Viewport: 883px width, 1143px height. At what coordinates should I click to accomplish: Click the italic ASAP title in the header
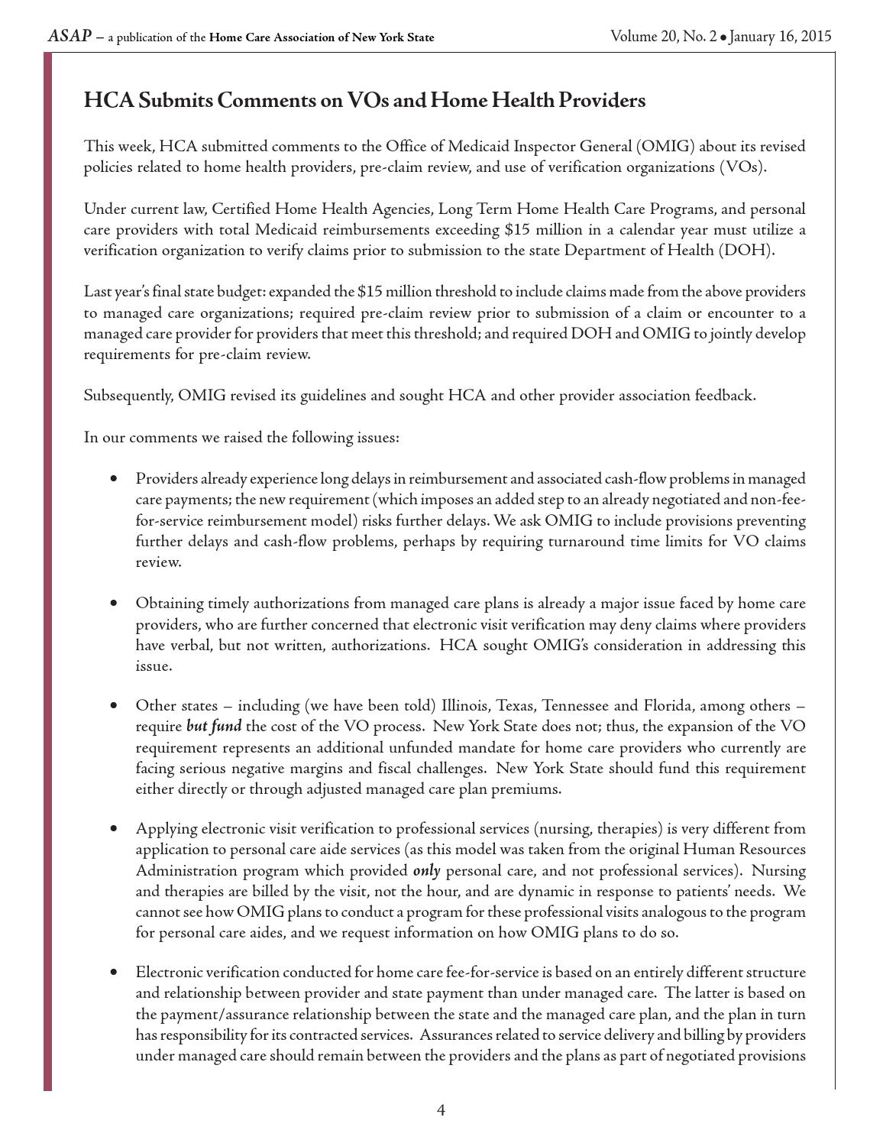point(70,36)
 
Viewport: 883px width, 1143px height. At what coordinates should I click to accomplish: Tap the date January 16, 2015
point(780,36)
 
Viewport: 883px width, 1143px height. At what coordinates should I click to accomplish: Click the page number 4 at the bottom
point(441,1110)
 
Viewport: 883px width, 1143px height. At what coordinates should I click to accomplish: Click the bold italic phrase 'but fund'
point(214,726)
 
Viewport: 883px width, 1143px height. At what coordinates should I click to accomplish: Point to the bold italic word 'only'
point(426,870)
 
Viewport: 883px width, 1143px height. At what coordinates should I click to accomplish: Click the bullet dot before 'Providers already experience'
point(114,479)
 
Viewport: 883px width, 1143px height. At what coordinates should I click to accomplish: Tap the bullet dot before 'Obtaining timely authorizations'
point(114,604)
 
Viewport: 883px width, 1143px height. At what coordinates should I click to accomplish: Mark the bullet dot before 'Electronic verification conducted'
point(114,973)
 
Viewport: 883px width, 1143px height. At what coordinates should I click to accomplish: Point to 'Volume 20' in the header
point(641,36)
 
